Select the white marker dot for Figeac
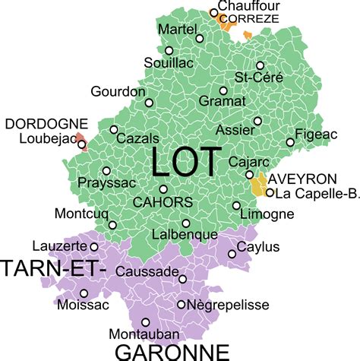tap(290, 142)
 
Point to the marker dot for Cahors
tap(163, 189)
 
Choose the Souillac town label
tap(163, 65)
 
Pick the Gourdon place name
tap(118, 91)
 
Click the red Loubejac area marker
tap(82, 144)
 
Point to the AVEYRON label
tap(302, 179)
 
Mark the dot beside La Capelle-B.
tap(269, 192)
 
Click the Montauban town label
tap(144, 334)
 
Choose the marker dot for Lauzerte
tap(93, 246)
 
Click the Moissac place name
tap(84, 306)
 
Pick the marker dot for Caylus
tap(231, 254)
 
